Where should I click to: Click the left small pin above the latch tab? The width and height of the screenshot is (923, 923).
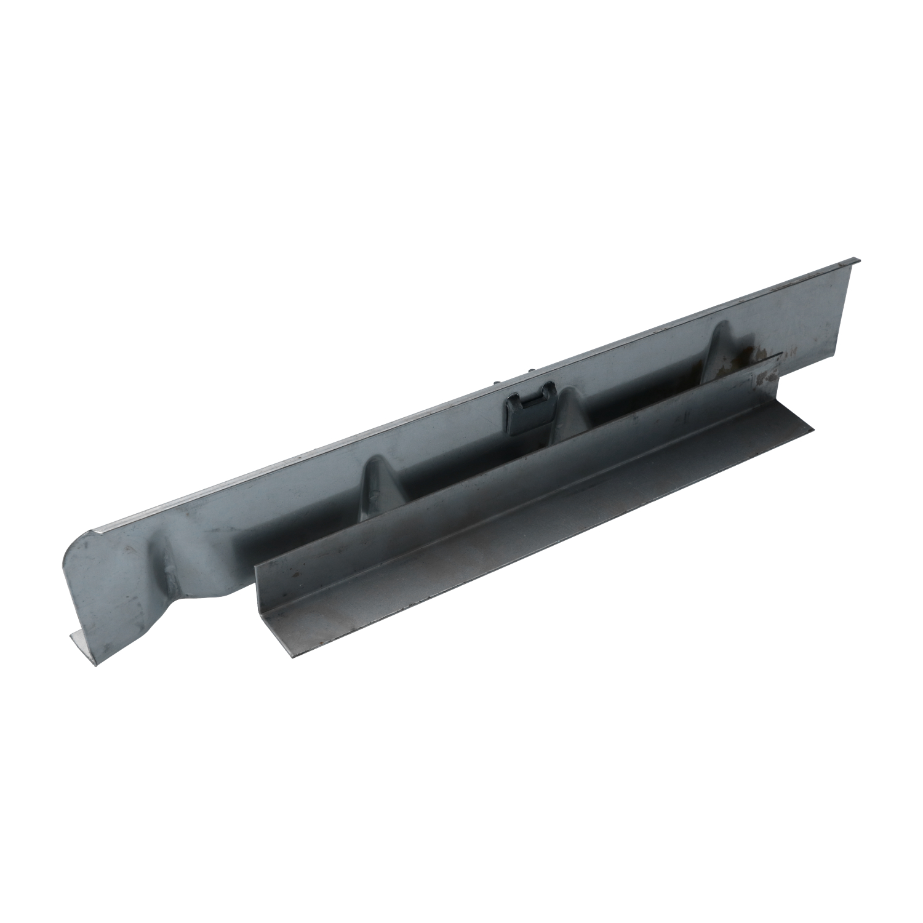coord(495,382)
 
